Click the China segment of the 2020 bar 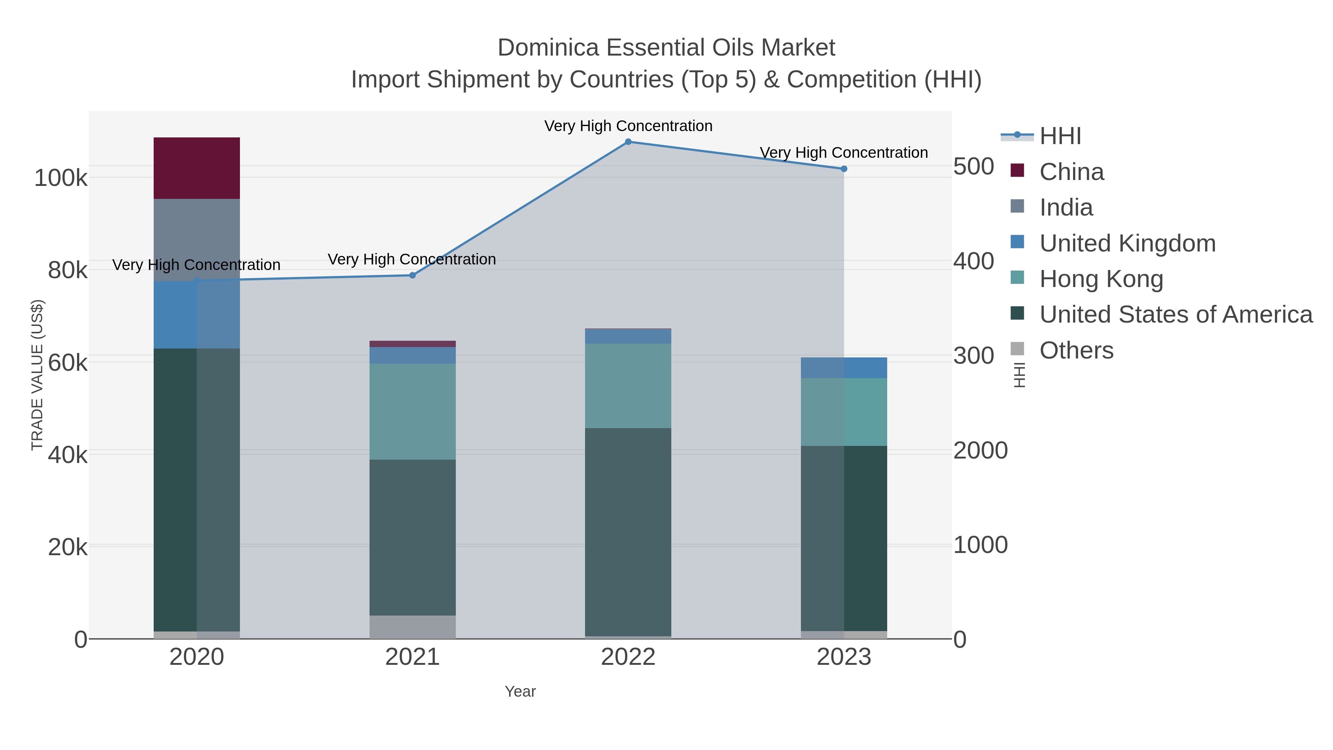197,168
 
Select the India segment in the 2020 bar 197,240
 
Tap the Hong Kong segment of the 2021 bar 412,411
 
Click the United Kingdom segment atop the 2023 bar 843,367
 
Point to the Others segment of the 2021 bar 412,626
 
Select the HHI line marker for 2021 412,275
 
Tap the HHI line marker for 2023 843,169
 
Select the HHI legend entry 1060,136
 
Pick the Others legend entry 1076,350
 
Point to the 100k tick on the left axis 61,179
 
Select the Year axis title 520,691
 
